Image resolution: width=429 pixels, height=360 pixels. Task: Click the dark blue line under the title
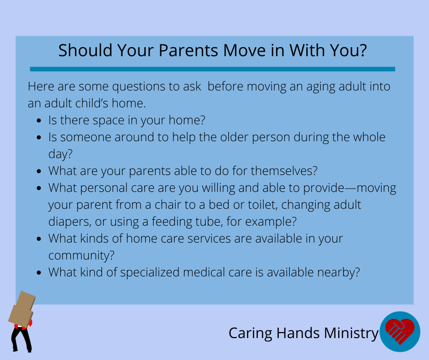coord(212,69)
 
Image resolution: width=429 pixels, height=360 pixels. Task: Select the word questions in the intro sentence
coord(138,87)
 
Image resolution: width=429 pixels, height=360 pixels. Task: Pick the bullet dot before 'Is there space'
coord(39,121)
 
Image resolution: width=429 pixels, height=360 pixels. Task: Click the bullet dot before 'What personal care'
coord(39,188)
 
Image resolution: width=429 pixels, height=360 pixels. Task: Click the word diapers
coord(69,222)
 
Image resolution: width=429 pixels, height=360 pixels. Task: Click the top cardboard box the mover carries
coord(26,301)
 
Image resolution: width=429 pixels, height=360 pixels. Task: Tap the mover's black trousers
coord(21,339)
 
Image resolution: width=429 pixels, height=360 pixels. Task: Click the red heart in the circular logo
coord(400,331)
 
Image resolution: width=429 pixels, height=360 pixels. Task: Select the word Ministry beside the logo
coord(351,334)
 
